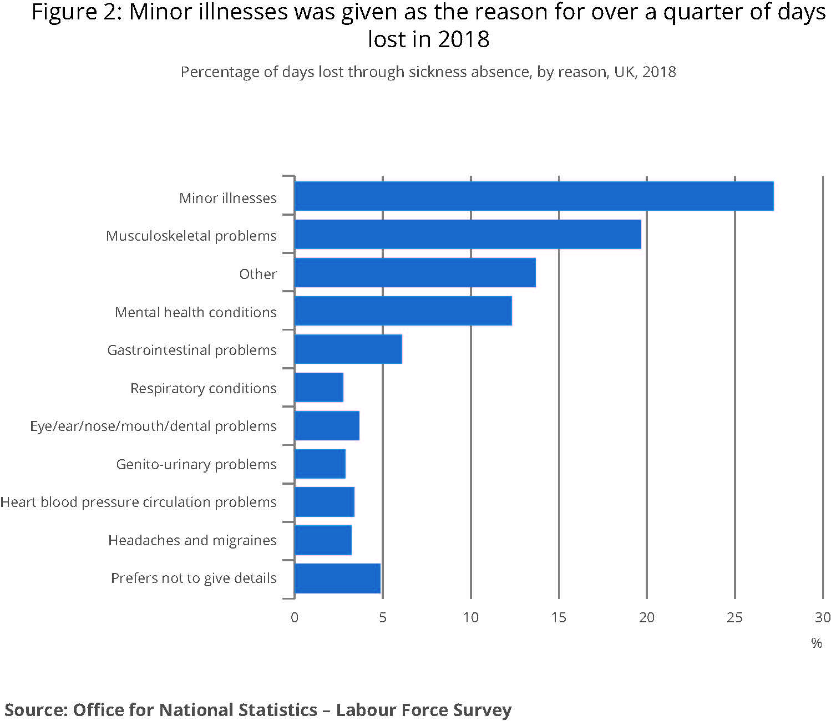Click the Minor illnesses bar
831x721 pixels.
(534, 196)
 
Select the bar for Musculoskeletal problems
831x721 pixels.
(468, 234)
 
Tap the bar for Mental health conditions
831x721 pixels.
(403, 311)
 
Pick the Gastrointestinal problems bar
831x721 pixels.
(348, 349)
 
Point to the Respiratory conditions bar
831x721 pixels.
(319, 387)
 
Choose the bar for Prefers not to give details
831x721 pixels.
(337, 578)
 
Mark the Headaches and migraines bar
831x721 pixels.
(323, 540)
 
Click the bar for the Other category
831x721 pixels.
(415, 272)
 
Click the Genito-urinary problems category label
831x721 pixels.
(196, 464)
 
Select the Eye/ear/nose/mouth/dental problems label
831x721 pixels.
(153, 426)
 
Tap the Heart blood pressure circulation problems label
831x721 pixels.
(138, 502)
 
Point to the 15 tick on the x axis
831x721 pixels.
(559, 617)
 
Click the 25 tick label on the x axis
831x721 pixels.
(734, 617)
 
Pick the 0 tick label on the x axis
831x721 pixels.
(295, 617)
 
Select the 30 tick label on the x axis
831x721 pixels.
(822, 617)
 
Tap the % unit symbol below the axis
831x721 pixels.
(816, 643)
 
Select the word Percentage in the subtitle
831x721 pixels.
(213, 72)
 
